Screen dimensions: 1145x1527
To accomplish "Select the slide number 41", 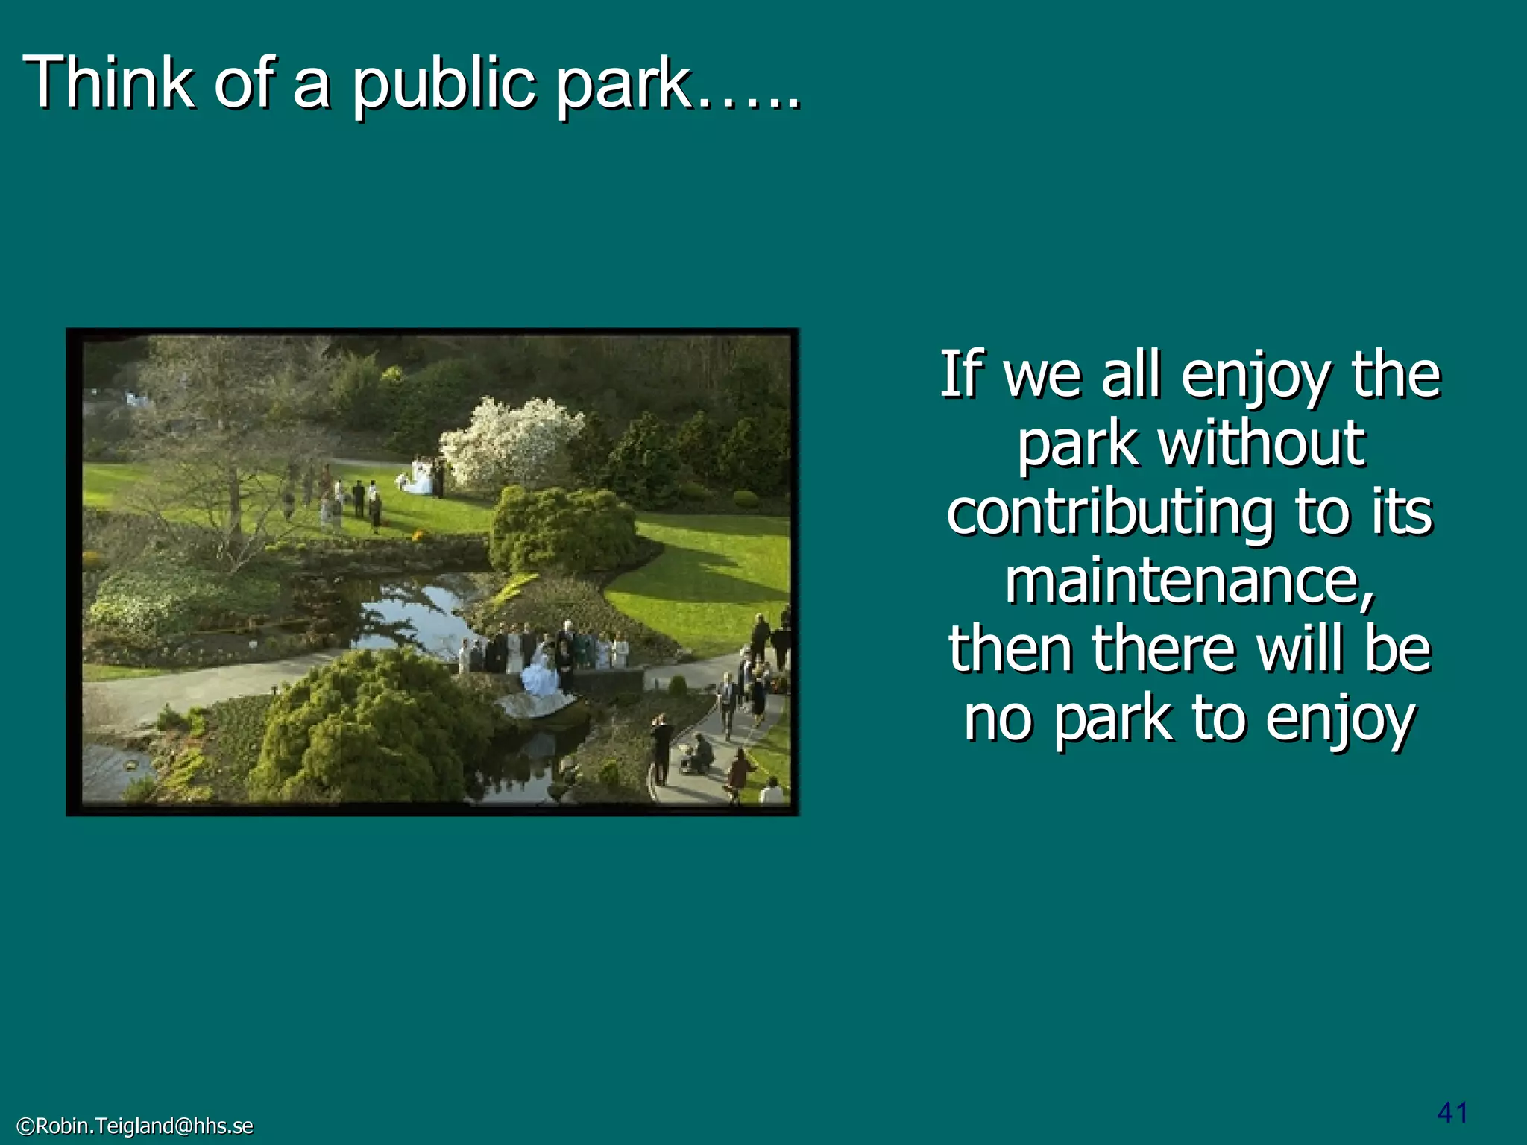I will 1452,1112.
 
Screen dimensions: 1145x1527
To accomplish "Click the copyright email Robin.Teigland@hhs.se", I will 135,1126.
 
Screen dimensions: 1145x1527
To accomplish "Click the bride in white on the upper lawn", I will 421,479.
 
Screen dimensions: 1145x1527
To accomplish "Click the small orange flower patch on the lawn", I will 418,534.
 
